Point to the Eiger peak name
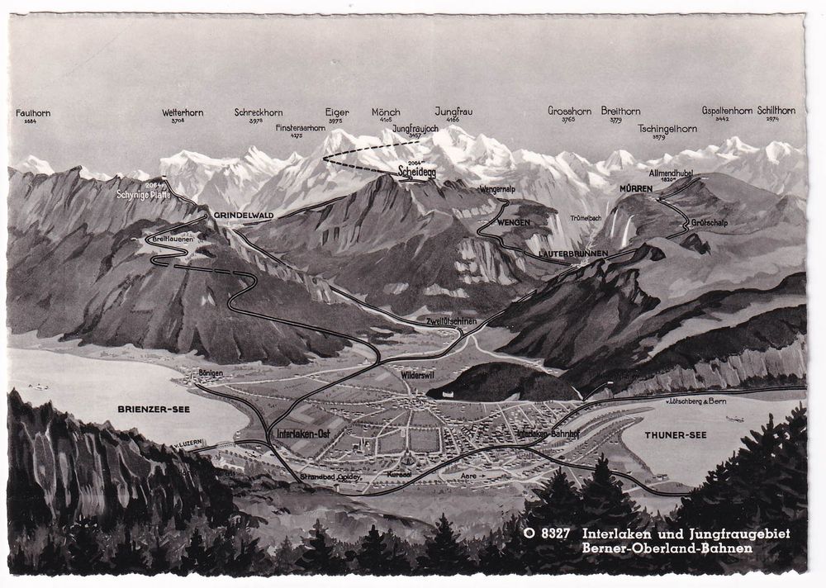pyautogui.click(x=336, y=111)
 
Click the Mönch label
pyautogui.click(x=386, y=111)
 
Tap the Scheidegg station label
pyautogui.click(x=415, y=173)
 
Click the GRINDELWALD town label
pyautogui.click(x=243, y=215)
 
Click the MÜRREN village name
pyautogui.click(x=636, y=189)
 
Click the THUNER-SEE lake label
pyautogui.click(x=672, y=434)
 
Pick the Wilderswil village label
pyautogui.click(x=419, y=374)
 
